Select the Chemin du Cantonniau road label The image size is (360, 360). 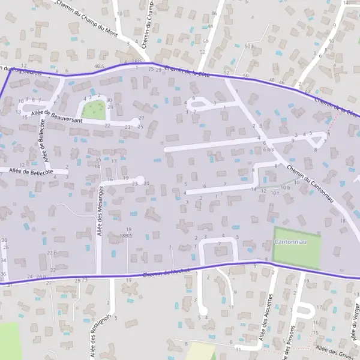(x=310, y=184)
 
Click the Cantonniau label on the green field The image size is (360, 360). (x=291, y=242)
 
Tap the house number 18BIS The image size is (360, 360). (x=125, y=236)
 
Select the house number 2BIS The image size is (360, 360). (x=137, y=61)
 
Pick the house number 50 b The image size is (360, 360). (x=250, y=46)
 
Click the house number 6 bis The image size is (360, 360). (x=268, y=149)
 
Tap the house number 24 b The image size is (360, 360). (x=41, y=276)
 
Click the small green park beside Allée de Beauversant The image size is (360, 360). (x=93, y=110)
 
